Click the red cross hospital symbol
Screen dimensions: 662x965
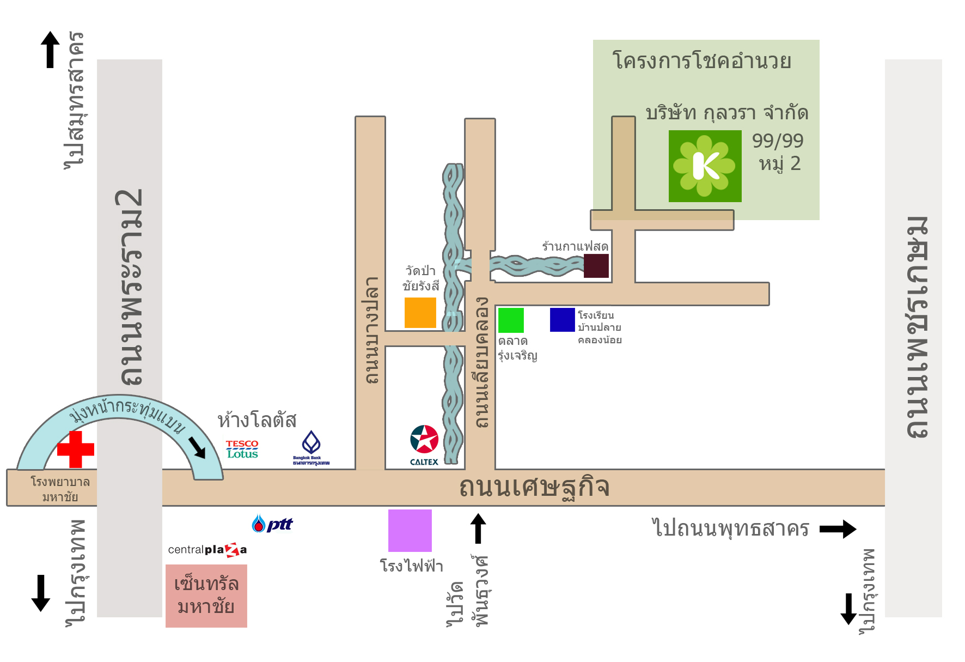[x=76, y=450]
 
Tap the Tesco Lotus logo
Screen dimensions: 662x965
[x=242, y=450]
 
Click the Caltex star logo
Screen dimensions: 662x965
[x=424, y=440]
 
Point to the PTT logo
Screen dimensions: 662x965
[x=272, y=524]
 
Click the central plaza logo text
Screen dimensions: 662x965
[x=207, y=550]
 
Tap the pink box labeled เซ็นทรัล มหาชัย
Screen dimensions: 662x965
[x=206, y=596]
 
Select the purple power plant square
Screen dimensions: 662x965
[x=410, y=531]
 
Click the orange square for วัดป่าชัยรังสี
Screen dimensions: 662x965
[x=420, y=313]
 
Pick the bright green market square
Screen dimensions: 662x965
[x=511, y=320]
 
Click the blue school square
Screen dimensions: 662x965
[x=563, y=320]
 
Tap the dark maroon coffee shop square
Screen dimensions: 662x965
[x=596, y=266]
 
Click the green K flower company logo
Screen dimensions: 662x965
[x=705, y=166]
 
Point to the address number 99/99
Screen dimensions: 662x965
[x=778, y=141]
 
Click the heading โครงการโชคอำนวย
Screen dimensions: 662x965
[x=702, y=60]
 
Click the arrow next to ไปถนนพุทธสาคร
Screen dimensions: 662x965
[x=838, y=529]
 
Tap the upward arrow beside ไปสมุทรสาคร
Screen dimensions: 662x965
[x=50, y=50]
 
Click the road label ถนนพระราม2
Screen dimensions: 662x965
[x=130, y=287]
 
